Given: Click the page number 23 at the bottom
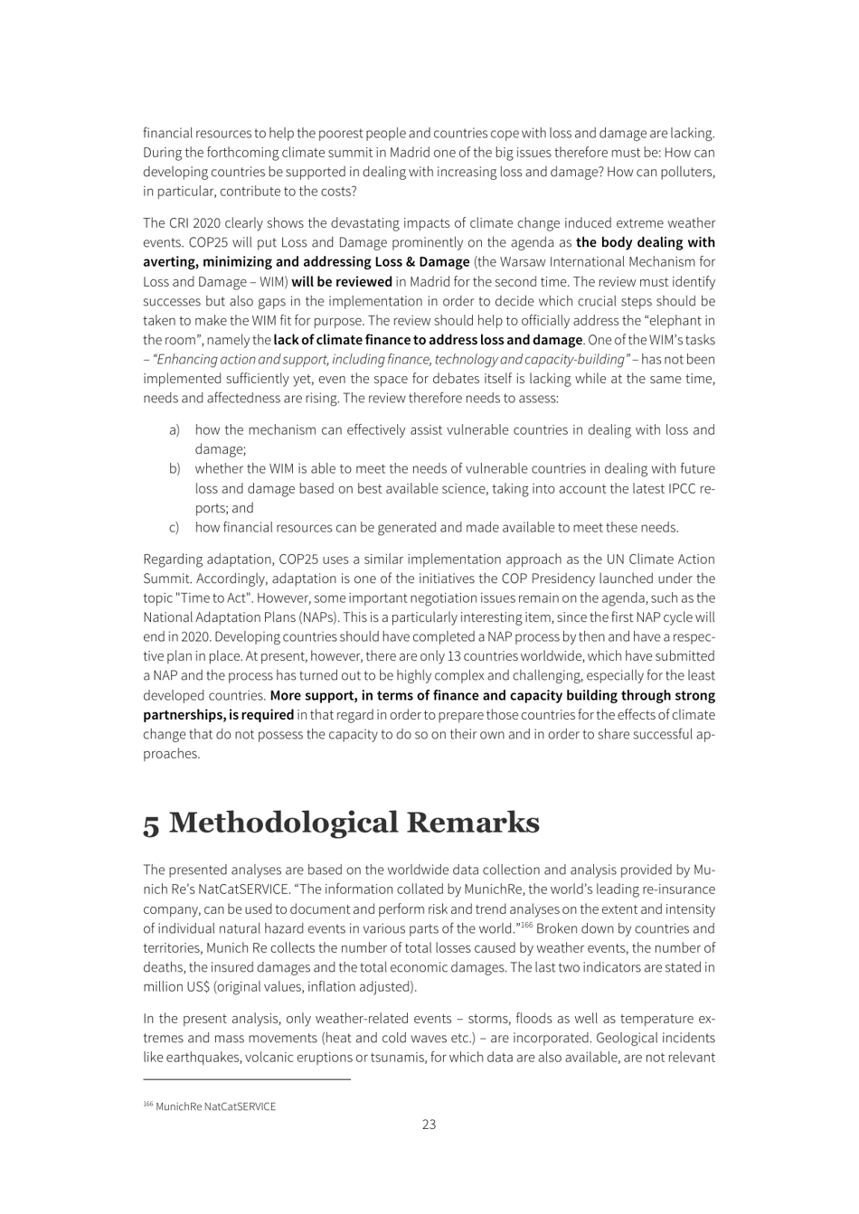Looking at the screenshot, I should click(x=429, y=1125).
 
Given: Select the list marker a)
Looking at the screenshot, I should click(x=174, y=430).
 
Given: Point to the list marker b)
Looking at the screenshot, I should click(x=174, y=469).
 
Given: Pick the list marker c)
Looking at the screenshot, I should click(x=174, y=528).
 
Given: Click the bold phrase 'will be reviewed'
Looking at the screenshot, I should click(x=342, y=282).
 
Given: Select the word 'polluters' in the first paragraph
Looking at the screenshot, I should click(x=687, y=172).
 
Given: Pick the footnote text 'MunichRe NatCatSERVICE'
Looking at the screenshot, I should click(x=215, y=1106).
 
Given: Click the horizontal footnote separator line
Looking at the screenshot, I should click(x=246, y=1079).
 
